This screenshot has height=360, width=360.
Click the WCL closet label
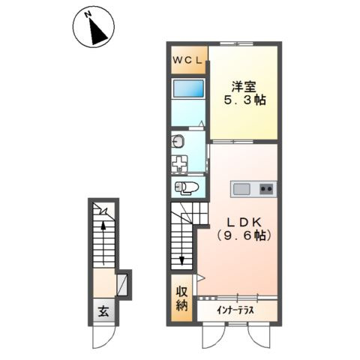(x=187, y=60)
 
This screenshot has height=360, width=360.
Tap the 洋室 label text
(x=244, y=87)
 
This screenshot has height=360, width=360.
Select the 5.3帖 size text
(x=244, y=100)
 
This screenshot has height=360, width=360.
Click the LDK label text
(x=244, y=222)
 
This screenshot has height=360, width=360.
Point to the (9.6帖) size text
(x=244, y=235)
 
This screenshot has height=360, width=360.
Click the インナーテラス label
(x=235, y=310)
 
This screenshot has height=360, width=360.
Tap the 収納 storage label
(x=181, y=298)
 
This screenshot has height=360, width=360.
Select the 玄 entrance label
(x=103, y=311)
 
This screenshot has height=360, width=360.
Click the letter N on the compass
(x=88, y=15)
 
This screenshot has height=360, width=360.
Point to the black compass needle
(x=98, y=32)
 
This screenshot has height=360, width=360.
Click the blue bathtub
(x=188, y=88)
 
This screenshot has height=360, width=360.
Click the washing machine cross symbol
(x=179, y=163)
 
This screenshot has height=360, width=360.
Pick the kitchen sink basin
(x=241, y=189)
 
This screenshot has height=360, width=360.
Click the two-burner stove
(x=267, y=189)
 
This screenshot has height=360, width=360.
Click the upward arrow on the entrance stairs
(x=103, y=243)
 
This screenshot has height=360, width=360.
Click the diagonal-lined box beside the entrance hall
(x=122, y=285)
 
